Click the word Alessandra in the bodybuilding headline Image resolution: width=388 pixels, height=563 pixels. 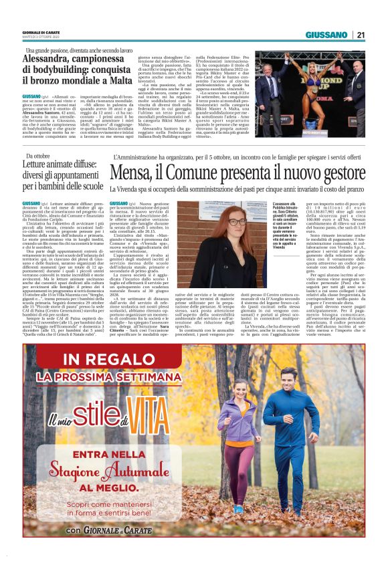pyautogui.click(x=50, y=59)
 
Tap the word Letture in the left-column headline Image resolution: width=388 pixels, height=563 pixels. pyautogui.click(x=37, y=164)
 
